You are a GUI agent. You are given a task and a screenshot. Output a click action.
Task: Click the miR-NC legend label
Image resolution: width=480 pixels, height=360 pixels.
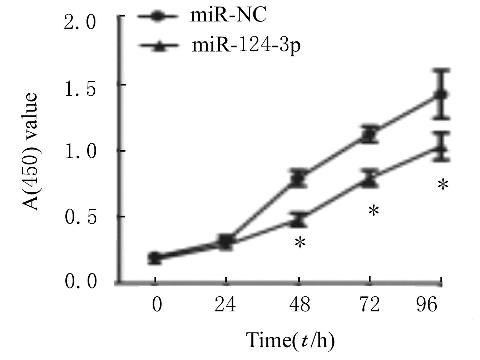coord(228,16)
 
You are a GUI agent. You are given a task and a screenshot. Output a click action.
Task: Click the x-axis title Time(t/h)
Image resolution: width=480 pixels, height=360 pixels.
coord(291,340)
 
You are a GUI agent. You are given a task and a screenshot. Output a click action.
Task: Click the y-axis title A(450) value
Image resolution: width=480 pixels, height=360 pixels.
coord(31,152)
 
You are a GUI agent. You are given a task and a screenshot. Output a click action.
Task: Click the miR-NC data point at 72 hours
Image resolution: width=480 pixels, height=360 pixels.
coord(370,135)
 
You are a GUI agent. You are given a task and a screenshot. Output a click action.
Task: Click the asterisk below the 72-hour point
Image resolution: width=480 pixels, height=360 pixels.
coord(373,211)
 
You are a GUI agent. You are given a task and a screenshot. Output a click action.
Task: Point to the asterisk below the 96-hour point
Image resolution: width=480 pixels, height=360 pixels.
coord(443,185)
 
